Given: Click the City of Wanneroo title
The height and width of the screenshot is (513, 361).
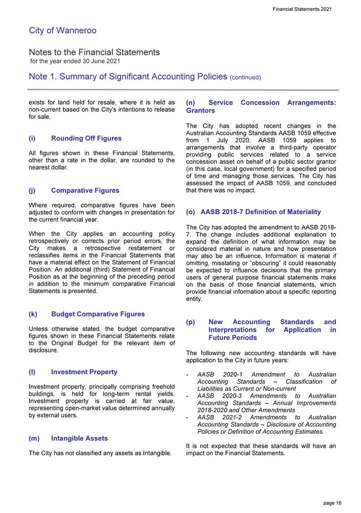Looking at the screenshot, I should tap(62, 31).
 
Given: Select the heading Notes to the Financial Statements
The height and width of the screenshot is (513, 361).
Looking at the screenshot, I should tap(94, 53).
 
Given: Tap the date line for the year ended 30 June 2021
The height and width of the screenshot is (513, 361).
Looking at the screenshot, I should tap(75, 61).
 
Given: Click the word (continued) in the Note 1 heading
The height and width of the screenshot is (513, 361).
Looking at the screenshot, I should tap(245, 78).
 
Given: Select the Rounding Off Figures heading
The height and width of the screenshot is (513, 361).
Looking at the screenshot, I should tap(86, 138).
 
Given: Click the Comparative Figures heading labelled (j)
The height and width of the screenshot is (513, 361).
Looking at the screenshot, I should tap(85, 190).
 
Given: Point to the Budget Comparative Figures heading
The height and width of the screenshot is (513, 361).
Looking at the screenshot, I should tap(98, 314).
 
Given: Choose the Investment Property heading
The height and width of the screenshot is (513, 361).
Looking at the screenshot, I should tap(84, 372).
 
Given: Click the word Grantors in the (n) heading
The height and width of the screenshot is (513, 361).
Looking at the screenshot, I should tap(201, 110).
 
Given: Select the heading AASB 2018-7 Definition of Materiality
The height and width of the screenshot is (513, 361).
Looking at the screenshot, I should tap(261, 212).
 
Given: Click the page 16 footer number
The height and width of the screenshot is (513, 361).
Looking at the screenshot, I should tap(332, 503).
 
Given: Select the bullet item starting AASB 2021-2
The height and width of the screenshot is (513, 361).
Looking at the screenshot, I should tap(266, 424).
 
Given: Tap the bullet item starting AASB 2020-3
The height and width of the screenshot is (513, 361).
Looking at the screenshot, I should tap(266, 403).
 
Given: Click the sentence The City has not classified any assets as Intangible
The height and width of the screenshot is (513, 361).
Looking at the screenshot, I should tap(100, 453).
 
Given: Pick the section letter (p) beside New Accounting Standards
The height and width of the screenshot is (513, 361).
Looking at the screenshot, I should tap(191, 322).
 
